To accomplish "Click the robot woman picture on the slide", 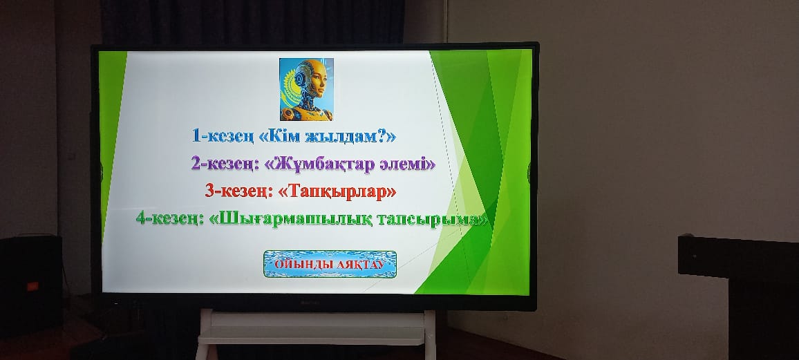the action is pyautogui.click(x=306, y=89).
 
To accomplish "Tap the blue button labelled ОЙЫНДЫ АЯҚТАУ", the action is pyautogui.click(x=330, y=264).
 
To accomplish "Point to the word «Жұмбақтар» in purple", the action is pyautogui.click(x=319, y=164).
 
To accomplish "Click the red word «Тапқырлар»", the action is pyautogui.click(x=338, y=191).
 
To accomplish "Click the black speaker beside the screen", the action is pyautogui.click(x=31, y=285).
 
